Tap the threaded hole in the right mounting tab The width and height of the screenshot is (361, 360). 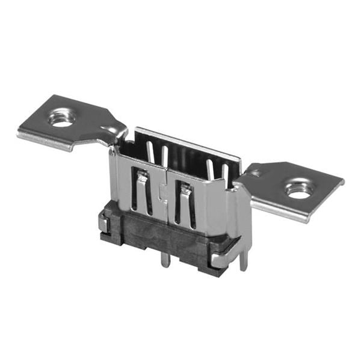point(298,189)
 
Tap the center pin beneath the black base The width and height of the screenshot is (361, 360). point(164,260)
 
